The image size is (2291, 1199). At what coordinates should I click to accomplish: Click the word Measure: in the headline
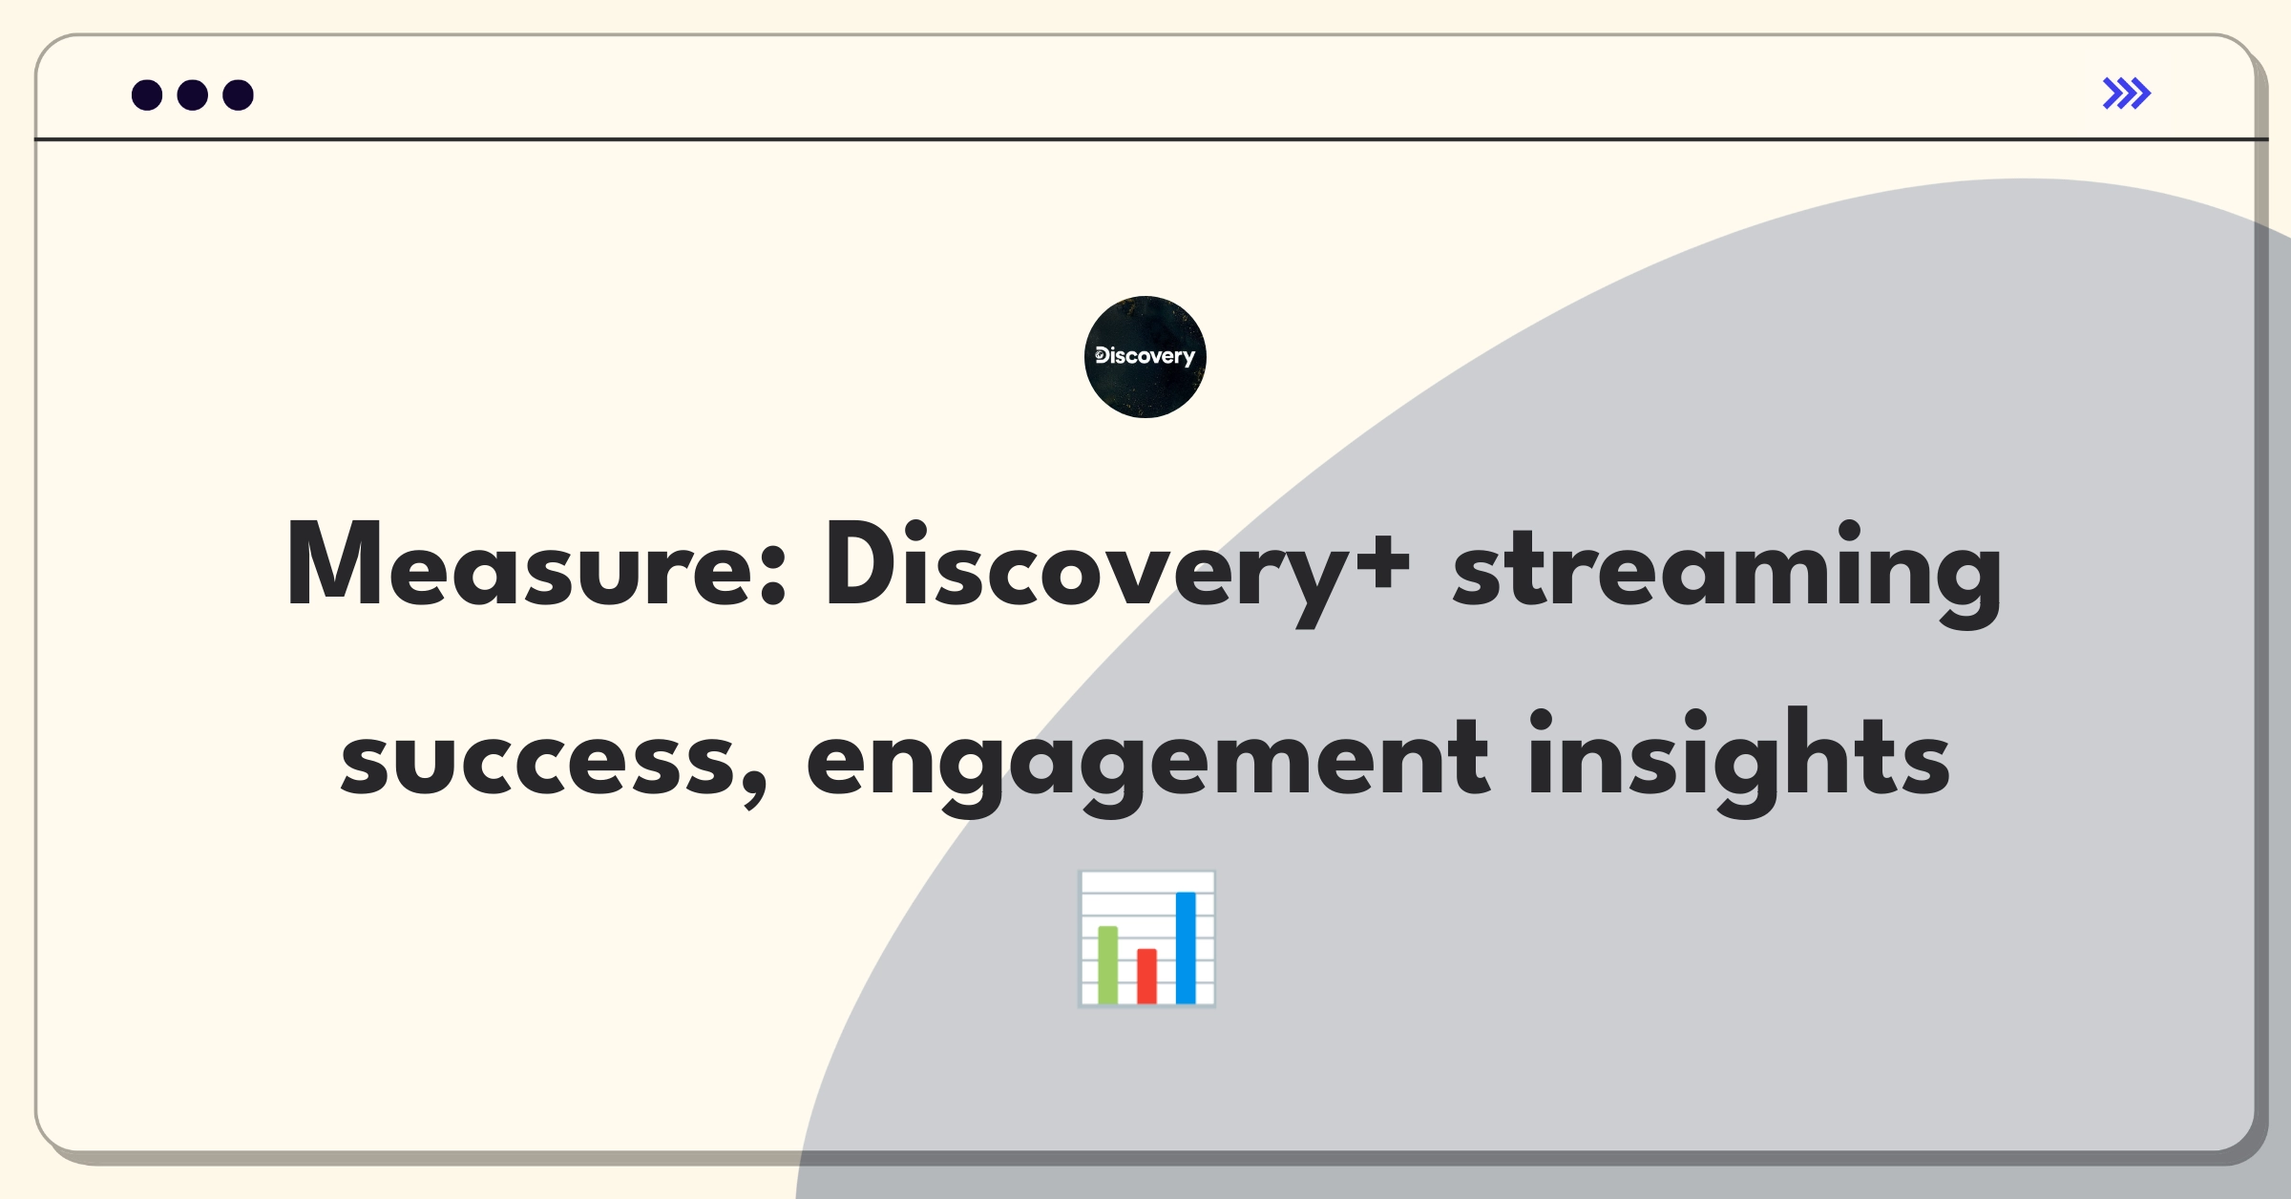pyautogui.click(x=536, y=565)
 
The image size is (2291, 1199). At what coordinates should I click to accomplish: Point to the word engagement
pyautogui.click(x=1147, y=762)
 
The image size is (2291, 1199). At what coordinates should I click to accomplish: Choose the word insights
pyautogui.click(x=1739, y=762)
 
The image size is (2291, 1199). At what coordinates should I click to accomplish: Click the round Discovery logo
pyautogui.click(x=1145, y=357)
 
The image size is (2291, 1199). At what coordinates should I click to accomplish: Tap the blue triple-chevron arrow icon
pyautogui.click(x=2127, y=94)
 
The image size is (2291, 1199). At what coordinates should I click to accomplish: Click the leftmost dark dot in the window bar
pyautogui.click(x=147, y=95)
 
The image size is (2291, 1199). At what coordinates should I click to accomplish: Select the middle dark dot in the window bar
pyautogui.click(x=193, y=95)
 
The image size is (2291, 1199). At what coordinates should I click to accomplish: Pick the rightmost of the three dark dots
pyautogui.click(x=239, y=95)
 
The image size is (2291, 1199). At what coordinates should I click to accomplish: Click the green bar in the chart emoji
pyautogui.click(x=1108, y=964)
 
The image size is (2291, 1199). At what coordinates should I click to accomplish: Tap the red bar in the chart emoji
pyautogui.click(x=1146, y=976)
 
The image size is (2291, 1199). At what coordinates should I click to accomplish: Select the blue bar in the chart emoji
pyautogui.click(x=1186, y=947)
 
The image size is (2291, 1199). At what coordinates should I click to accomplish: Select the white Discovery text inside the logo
pyautogui.click(x=1145, y=356)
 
